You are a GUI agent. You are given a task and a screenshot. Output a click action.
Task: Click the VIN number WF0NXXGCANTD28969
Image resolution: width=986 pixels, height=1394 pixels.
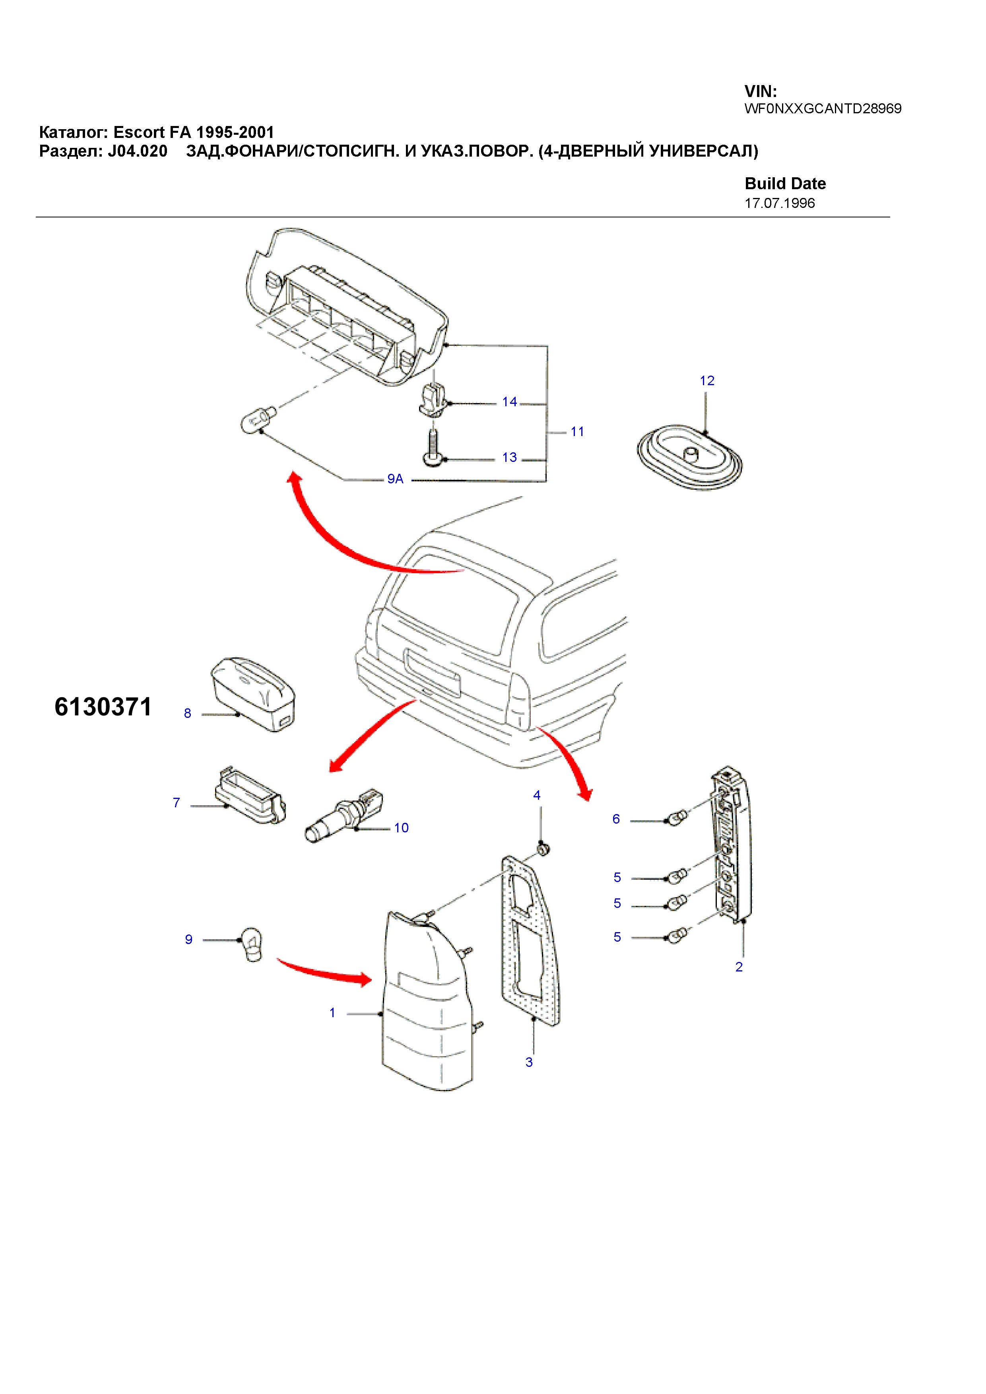pos(823,109)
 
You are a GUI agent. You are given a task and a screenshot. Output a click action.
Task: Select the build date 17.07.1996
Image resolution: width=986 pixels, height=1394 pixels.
pos(780,204)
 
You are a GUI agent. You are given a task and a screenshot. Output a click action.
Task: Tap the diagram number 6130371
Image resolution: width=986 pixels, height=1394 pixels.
pos(103,707)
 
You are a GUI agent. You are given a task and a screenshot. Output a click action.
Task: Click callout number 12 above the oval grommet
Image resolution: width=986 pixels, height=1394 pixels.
pos(707,381)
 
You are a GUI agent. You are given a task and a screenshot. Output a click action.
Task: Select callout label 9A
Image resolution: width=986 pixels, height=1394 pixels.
pos(395,479)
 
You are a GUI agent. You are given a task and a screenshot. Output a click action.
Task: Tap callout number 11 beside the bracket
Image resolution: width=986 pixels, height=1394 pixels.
pos(577,432)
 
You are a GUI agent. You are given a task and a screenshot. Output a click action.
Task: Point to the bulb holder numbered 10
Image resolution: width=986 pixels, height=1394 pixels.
pos(344,816)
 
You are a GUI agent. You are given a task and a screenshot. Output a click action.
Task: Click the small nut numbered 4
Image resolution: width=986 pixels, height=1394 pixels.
pos(543,848)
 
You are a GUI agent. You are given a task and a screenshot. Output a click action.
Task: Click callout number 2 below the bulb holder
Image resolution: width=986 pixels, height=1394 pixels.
pos(739,967)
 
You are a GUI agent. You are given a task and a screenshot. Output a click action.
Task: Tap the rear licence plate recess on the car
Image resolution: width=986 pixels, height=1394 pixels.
pos(432,671)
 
